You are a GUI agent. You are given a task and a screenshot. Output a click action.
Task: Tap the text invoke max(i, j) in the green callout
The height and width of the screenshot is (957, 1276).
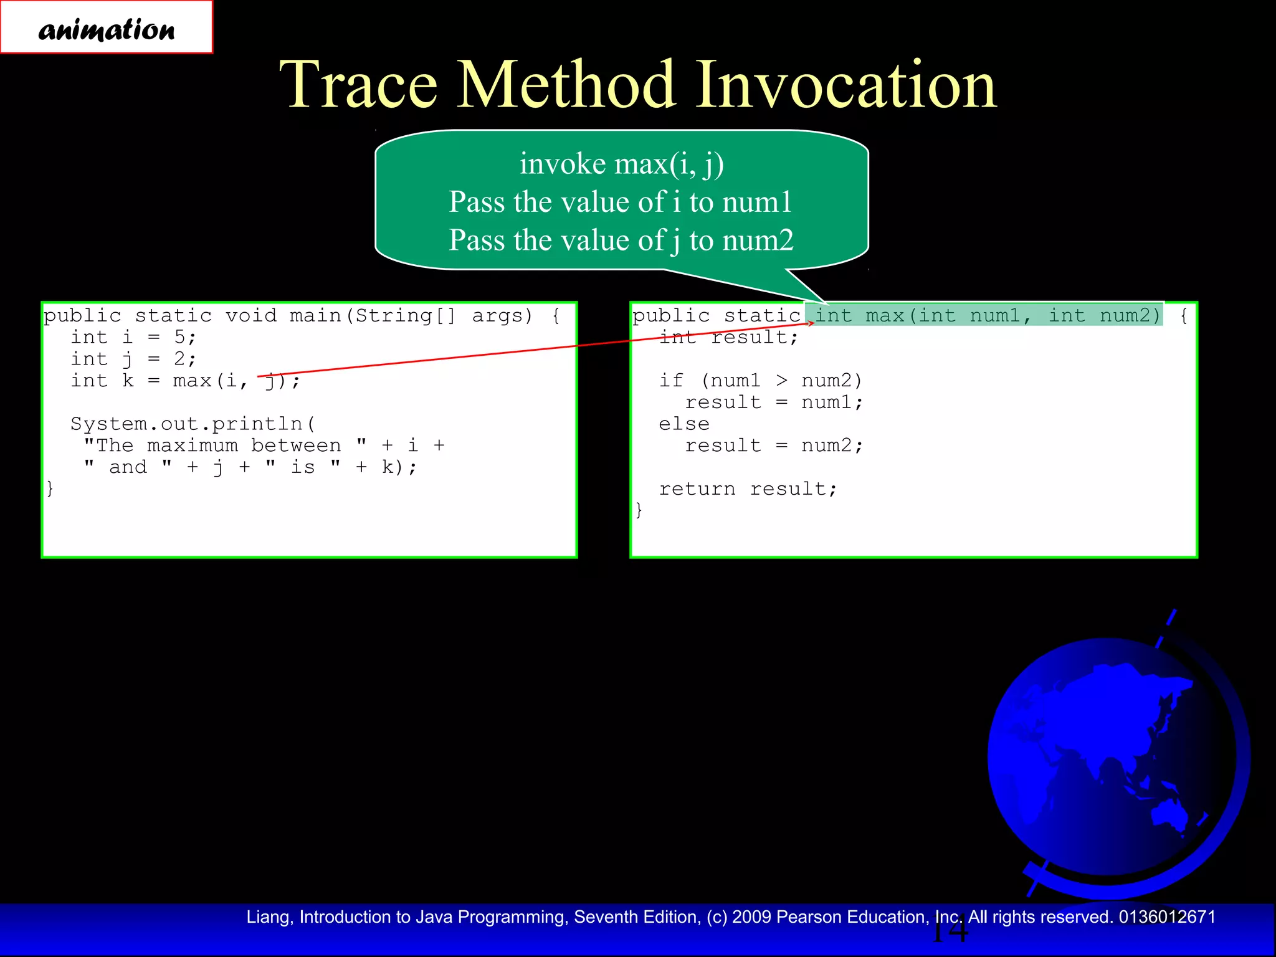[x=621, y=164]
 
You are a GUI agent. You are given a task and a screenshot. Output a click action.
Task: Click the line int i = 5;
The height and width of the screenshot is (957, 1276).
[x=133, y=337]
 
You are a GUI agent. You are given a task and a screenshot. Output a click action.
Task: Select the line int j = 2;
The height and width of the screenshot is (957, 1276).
[x=133, y=359]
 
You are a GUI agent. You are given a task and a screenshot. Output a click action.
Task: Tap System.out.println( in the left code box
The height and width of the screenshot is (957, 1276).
[x=193, y=424]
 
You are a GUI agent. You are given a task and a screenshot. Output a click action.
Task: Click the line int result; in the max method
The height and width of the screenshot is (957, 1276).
[x=728, y=337]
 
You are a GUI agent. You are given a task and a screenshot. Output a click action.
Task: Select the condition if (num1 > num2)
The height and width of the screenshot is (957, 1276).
[x=760, y=380]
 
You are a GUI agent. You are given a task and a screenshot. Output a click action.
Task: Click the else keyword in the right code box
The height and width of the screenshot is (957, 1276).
[x=684, y=424]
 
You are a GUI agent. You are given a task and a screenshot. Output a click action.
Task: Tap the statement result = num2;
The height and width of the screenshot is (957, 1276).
[x=774, y=445]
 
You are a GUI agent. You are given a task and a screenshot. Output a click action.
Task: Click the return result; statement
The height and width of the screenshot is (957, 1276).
[x=748, y=489]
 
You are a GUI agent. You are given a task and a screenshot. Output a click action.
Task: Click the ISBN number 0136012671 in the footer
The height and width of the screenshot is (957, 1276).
[x=1167, y=917]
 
